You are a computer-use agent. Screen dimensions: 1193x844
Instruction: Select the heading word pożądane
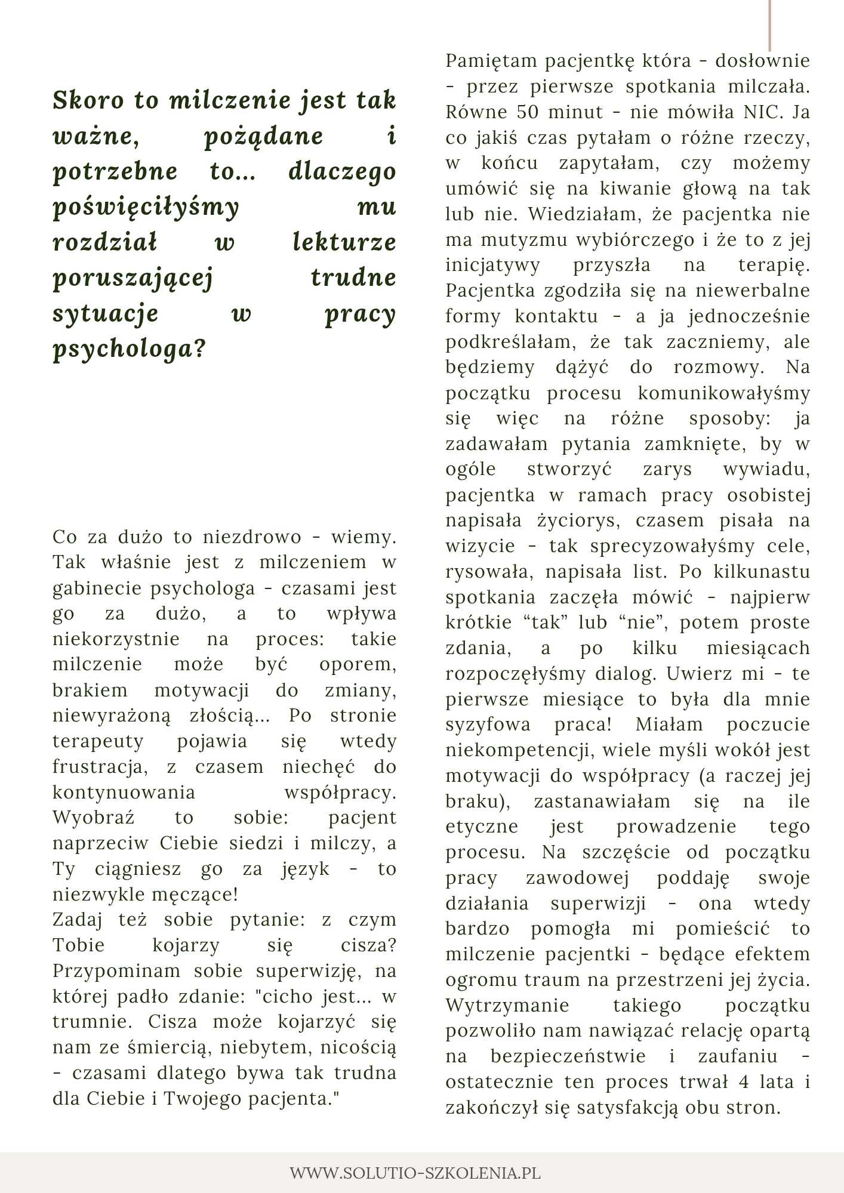coord(263,137)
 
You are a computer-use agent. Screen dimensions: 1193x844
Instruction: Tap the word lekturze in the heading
coord(344,242)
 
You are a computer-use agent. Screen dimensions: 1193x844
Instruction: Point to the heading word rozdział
coord(104,242)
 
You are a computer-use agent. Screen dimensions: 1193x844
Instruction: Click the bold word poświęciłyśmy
coord(146,208)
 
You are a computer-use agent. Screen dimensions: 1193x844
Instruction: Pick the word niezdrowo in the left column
coord(252,537)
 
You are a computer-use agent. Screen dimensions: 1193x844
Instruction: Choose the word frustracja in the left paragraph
coord(100,767)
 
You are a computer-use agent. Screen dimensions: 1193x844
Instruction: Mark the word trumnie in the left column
coord(93,1022)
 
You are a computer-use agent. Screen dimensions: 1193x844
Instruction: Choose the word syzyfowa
coord(488,725)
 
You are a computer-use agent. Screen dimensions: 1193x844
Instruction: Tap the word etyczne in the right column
coord(482,827)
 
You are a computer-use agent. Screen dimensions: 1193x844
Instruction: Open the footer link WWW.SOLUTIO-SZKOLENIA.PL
coord(415,1173)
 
